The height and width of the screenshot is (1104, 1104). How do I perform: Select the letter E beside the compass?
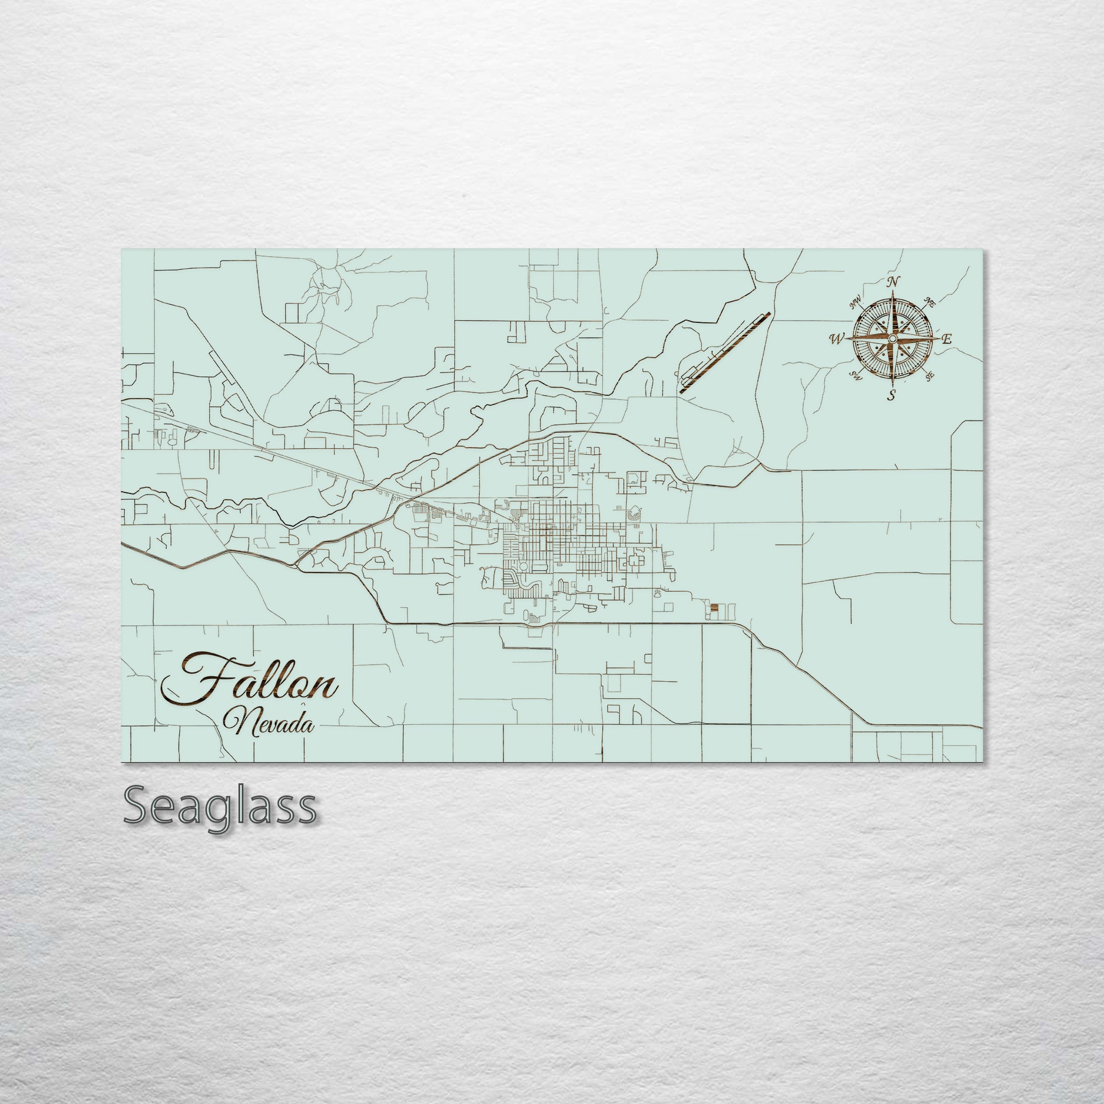coord(947,339)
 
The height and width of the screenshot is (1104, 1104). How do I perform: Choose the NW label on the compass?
coord(856,304)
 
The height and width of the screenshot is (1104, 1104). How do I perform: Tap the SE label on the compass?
coord(930,375)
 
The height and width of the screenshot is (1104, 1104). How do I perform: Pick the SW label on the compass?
coord(856,375)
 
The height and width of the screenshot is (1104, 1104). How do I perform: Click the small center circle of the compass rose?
coord(893,339)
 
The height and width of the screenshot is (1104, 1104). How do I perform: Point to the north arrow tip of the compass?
coord(893,291)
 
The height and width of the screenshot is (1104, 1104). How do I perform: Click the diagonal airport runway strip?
coord(725,353)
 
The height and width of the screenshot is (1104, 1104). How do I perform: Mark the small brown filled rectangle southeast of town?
coord(714,608)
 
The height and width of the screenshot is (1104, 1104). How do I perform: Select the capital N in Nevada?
coord(235,722)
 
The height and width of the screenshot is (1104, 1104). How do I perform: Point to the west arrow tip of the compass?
coord(847,339)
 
